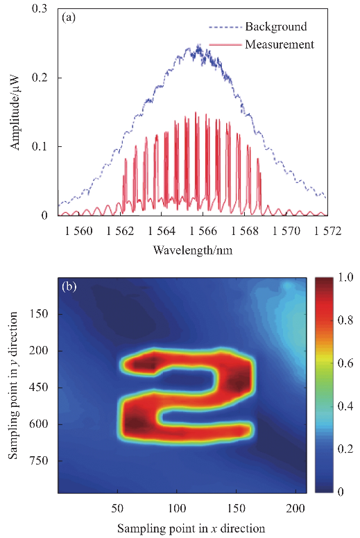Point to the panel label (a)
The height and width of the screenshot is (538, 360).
69,17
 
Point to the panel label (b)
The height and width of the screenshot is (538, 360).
69,286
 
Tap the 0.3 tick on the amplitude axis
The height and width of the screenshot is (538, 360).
40,8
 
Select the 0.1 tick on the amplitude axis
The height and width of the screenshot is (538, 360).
40,146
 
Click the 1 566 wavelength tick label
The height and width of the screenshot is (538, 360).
203,231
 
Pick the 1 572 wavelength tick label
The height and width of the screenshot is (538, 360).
327,231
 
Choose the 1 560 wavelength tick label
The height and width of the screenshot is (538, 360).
78,231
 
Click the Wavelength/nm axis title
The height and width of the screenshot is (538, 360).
193,250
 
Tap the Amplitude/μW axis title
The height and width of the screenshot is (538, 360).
15,112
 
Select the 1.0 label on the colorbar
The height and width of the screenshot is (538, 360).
345,277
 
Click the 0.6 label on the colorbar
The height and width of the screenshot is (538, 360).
345,363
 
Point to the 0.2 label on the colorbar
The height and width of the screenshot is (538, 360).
345,449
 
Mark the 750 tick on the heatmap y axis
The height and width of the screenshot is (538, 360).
39,460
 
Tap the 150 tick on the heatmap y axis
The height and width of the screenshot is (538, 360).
39,314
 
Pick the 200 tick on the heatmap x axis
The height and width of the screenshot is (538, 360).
295,508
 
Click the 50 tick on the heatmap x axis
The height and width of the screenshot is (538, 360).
117,508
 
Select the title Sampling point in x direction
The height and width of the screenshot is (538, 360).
191,528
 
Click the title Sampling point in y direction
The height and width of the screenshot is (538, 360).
13,385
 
